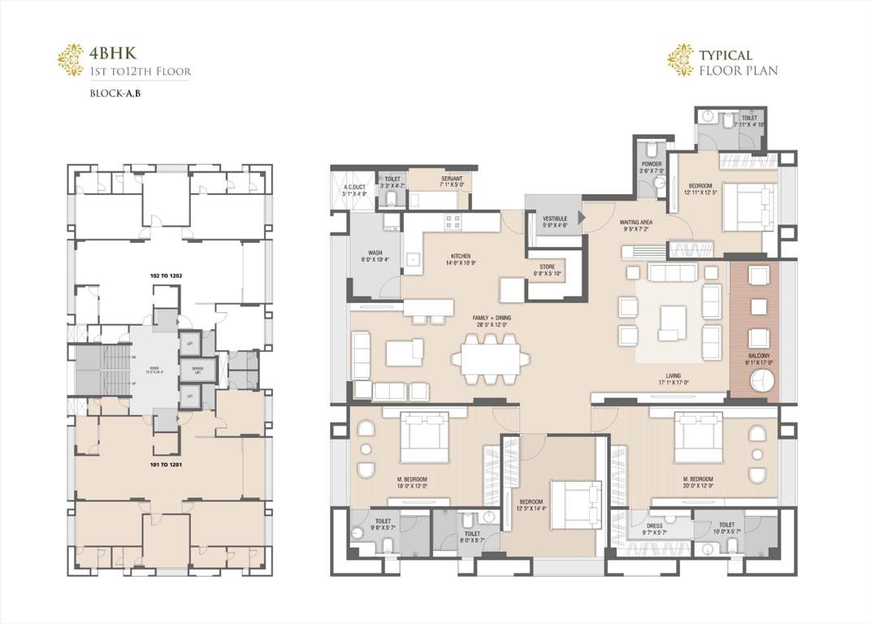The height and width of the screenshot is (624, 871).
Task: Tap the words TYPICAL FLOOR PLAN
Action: [x=738, y=63]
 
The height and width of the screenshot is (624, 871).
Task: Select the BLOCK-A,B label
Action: [x=117, y=93]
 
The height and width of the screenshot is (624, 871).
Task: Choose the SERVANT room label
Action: [x=452, y=180]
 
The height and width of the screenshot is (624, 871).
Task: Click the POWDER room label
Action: [x=652, y=167]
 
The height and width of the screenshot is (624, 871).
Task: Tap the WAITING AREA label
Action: [x=637, y=225]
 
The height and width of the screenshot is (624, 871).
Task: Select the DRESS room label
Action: [x=655, y=529]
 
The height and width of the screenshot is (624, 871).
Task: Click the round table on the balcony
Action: [x=765, y=385]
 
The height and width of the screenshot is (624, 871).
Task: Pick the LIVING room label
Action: [x=674, y=379]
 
